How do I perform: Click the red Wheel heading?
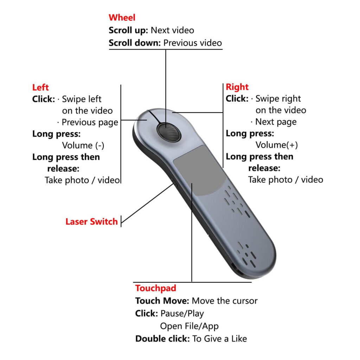pos(122,18)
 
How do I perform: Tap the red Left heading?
pos(40,87)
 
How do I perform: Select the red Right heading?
pos(237,87)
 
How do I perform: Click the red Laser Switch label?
pos(92,221)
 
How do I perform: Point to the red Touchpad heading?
pos(156,288)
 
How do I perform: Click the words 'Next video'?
pos(172,30)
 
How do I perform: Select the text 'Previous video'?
pos(193,43)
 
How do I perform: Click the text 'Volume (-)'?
pos(83,145)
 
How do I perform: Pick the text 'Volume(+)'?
pos(277,145)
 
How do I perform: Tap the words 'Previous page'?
pos(90,122)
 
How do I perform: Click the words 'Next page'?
pos(276,122)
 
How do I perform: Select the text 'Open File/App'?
pos(189,326)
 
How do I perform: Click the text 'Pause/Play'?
pos(182,313)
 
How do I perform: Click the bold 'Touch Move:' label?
pos(162,301)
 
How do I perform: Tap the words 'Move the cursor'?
pos(225,301)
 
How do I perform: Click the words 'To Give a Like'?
pos(220,339)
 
